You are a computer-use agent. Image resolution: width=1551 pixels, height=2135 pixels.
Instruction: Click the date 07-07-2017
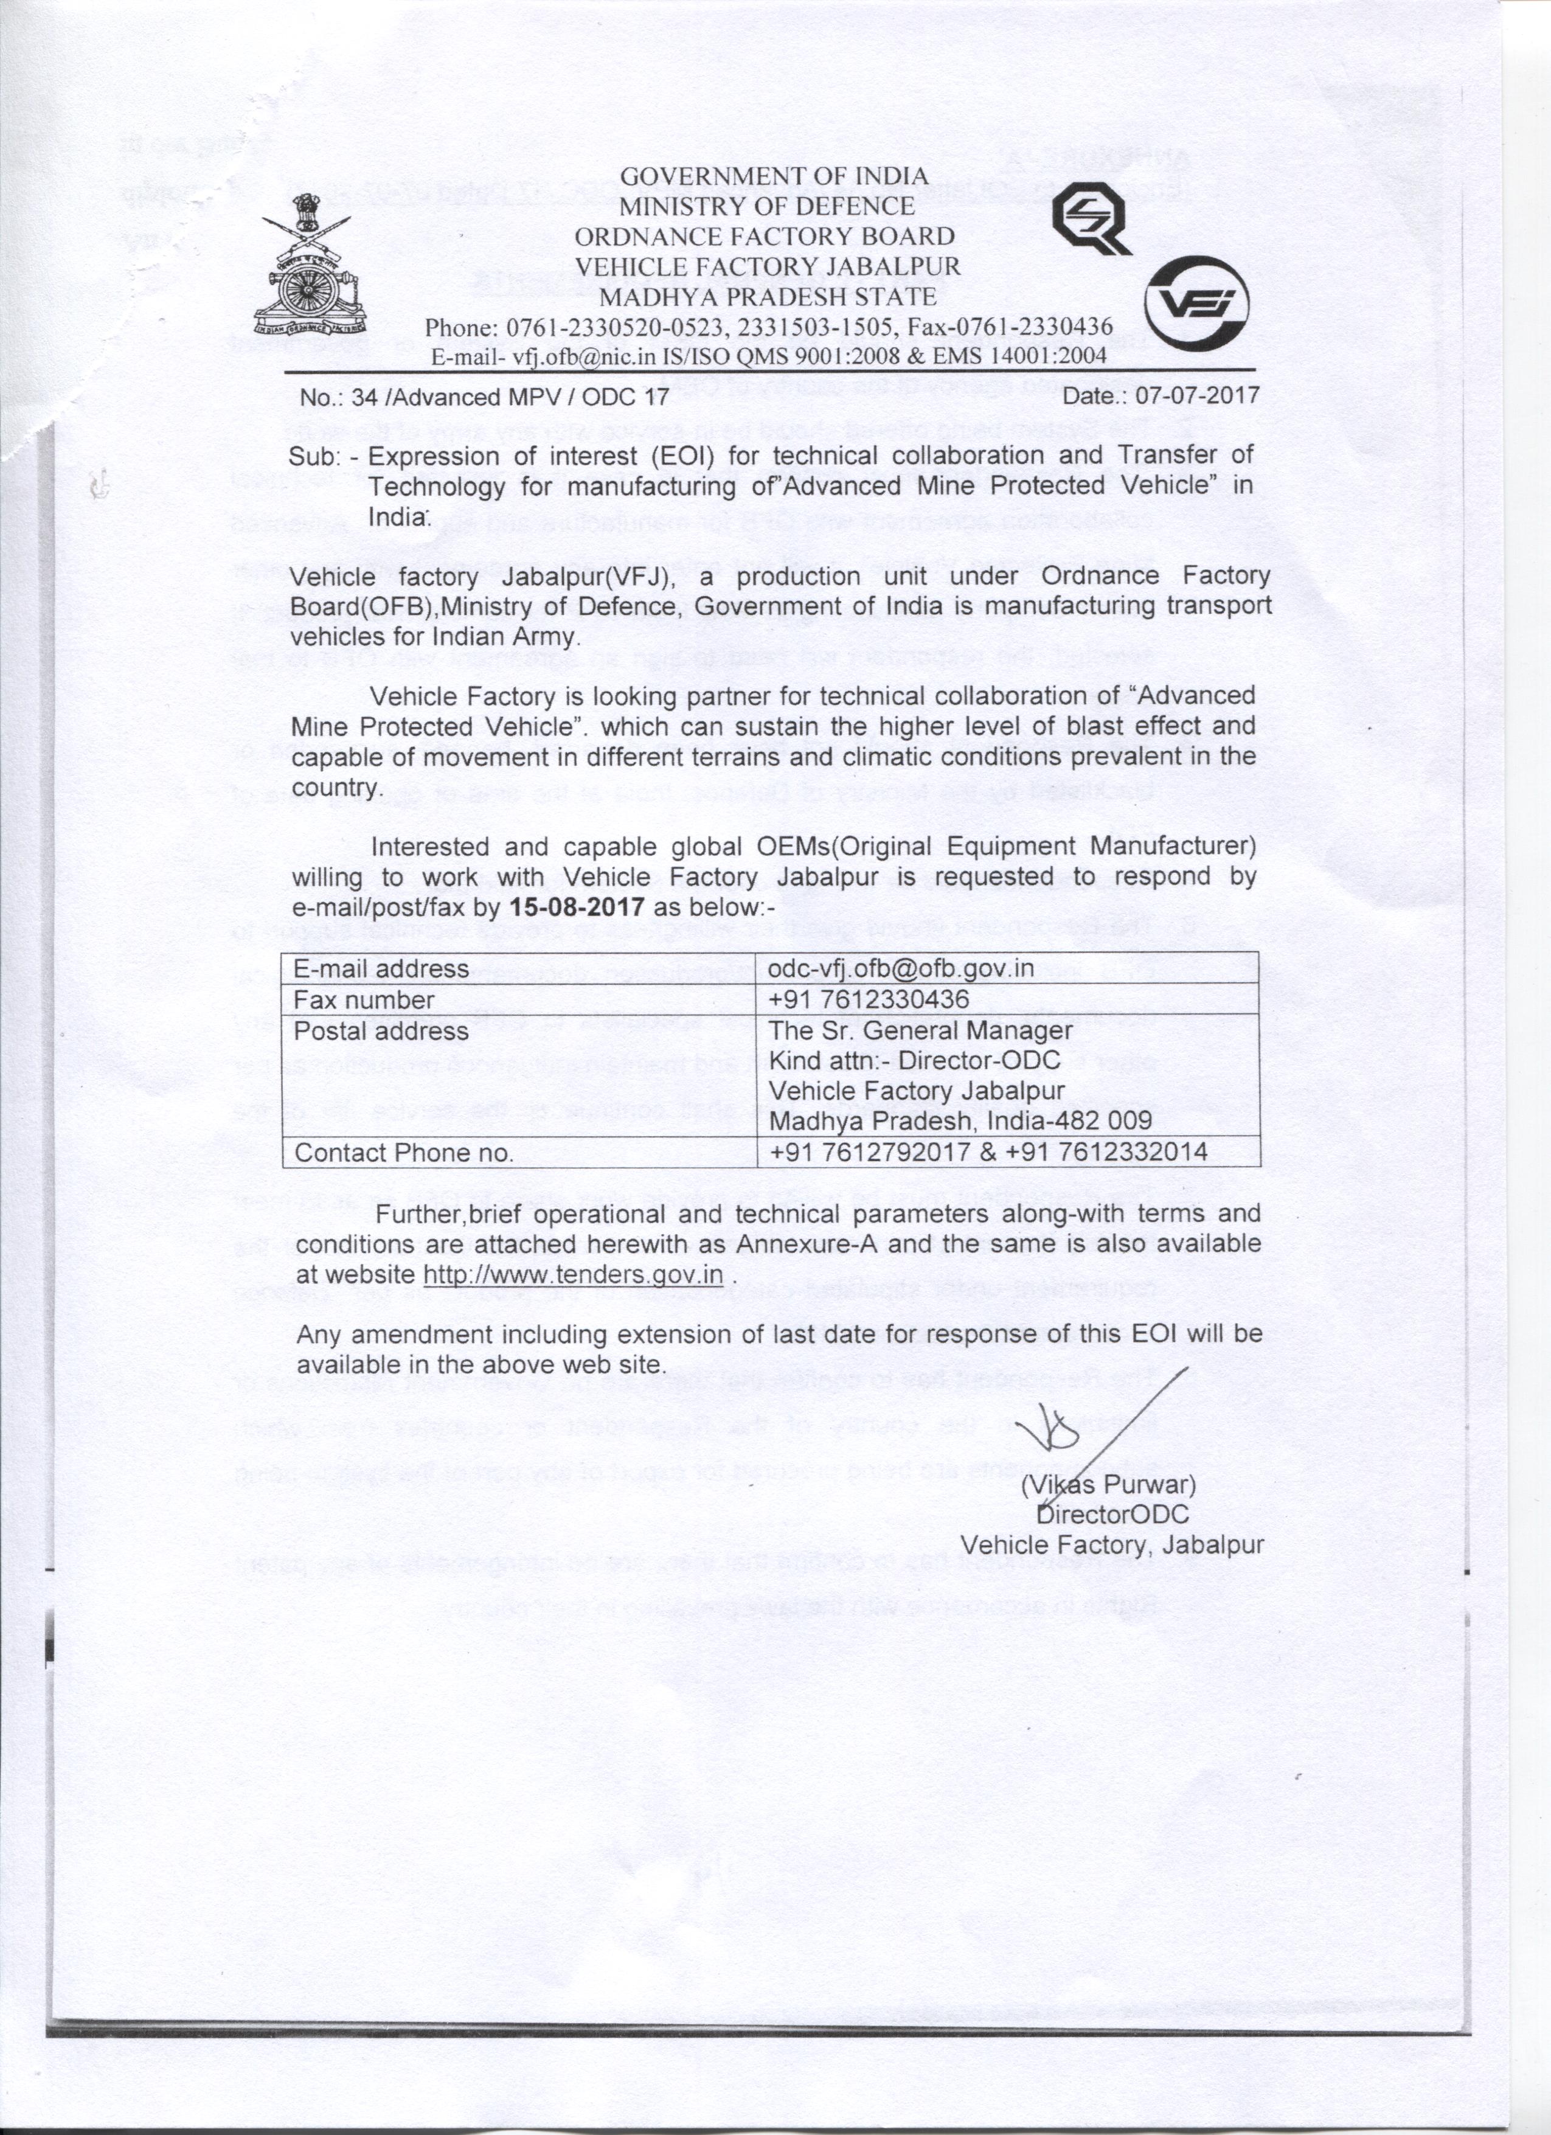(1197, 395)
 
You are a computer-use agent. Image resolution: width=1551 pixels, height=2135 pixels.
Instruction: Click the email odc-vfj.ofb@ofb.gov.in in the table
(901, 968)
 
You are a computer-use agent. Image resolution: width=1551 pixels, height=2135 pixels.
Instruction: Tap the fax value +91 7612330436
(869, 1000)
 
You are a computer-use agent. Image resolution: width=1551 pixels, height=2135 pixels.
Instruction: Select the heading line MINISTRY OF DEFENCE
(766, 206)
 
